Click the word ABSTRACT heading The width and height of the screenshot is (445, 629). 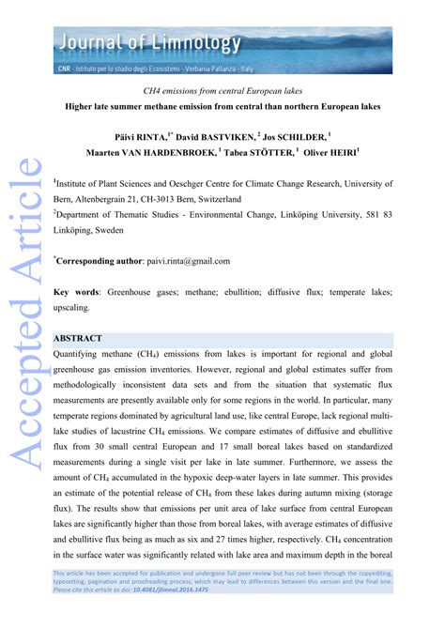coord(84,336)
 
